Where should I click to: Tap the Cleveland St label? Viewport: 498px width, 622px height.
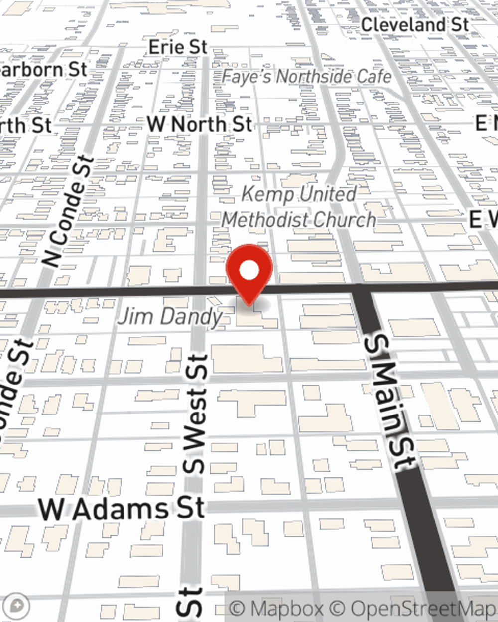tap(414, 24)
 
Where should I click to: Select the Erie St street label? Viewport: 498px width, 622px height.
tap(178, 47)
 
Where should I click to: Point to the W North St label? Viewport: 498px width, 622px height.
tap(199, 124)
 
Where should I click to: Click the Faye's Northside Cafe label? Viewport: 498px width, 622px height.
tap(306, 77)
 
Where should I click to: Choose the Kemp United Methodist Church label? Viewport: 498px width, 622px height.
tap(299, 207)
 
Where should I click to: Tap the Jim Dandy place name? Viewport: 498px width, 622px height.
tap(170, 316)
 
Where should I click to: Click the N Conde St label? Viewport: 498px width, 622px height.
tap(69, 211)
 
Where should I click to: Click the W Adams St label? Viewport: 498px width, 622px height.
tap(122, 509)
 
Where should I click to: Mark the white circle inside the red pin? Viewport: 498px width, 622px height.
tap(249, 271)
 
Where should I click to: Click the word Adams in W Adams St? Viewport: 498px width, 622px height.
tap(120, 509)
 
